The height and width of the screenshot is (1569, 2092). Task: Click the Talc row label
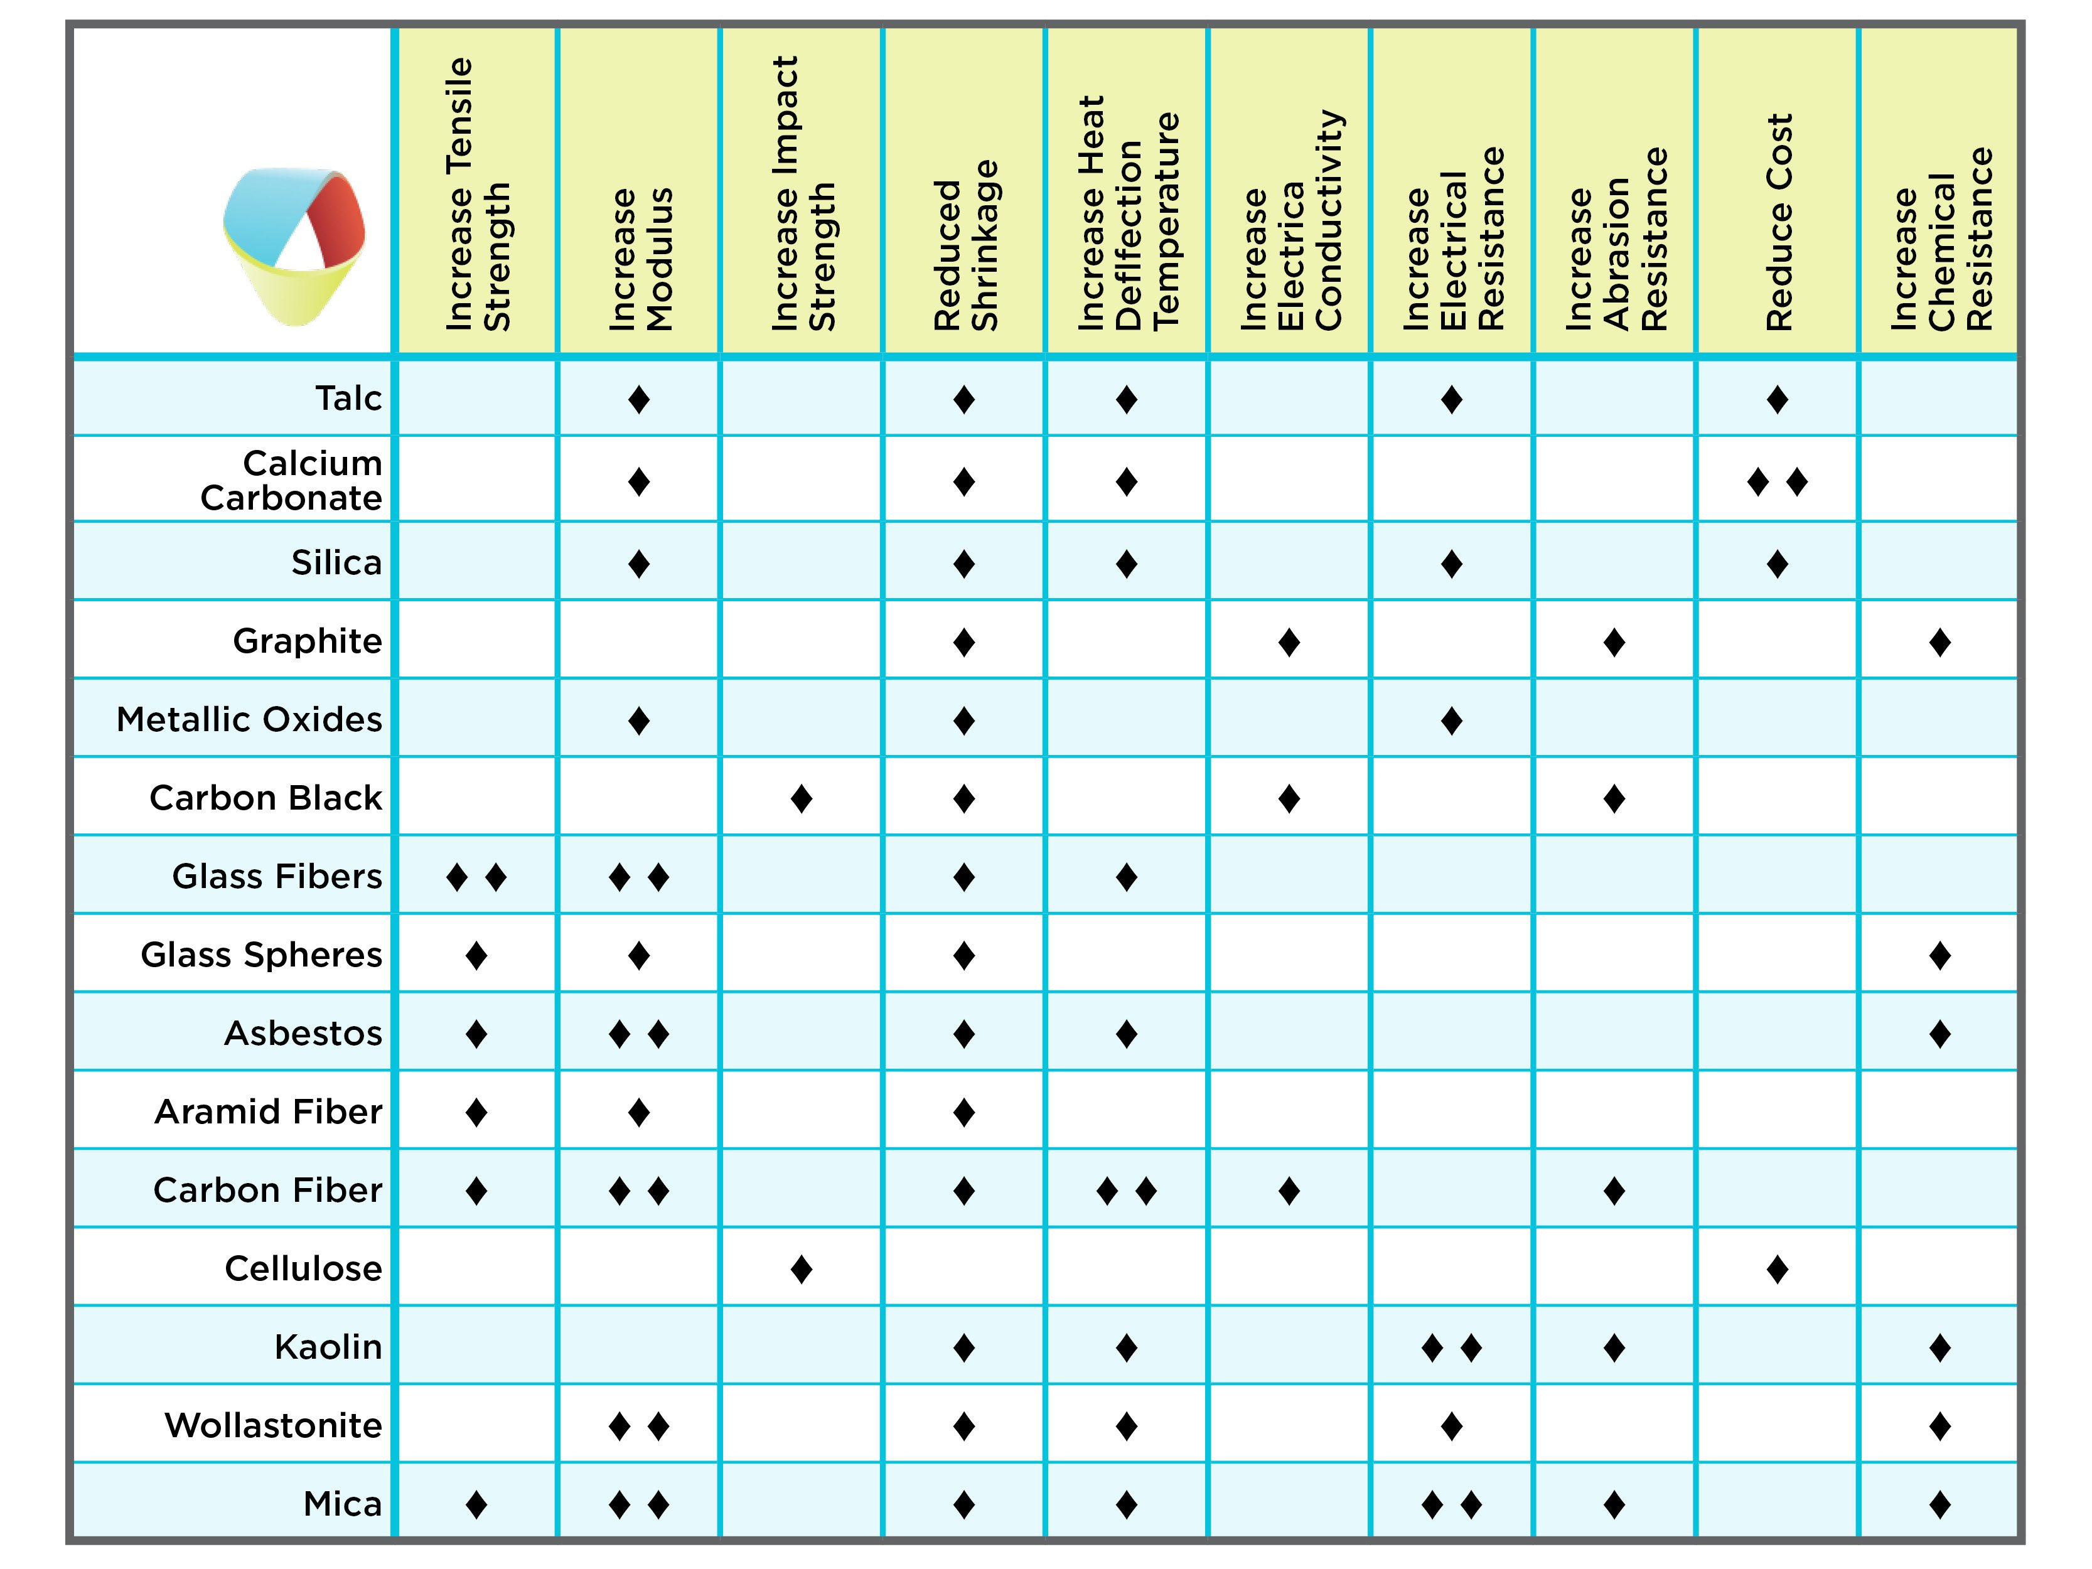click(x=348, y=398)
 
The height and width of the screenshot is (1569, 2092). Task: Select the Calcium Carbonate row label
click(x=291, y=481)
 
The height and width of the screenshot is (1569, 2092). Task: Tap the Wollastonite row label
click(x=273, y=1424)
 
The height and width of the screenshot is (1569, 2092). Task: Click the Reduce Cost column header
click(x=1778, y=222)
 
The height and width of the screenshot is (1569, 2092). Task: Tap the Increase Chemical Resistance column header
click(x=1941, y=238)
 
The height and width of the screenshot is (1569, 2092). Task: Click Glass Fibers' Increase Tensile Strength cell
click(x=476, y=877)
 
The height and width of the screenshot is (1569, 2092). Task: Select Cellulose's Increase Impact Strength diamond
click(x=801, y=1269)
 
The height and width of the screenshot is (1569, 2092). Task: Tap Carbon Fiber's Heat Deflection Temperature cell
click(x=1127, y=1191)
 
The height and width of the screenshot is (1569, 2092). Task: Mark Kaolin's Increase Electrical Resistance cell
click(x=1452, y=1347)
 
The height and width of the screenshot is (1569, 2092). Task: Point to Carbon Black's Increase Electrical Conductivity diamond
click(x=1289, y=799)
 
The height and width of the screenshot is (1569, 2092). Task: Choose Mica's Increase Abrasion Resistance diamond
click(x=1614, y=1504)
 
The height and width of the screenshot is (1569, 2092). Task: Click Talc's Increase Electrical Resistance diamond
click(x=1452, y=400)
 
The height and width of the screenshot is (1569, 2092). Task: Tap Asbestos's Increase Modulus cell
click(x=640, y=1034)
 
